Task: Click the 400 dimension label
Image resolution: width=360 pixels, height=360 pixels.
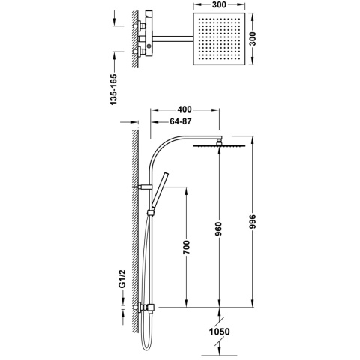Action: [x=184, y=109]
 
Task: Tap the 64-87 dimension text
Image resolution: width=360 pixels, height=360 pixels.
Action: [x=181, y=121]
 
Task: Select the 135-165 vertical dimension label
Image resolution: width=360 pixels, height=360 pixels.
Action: [x=113, y=89]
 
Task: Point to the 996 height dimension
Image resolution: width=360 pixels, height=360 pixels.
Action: [x=253, y=221]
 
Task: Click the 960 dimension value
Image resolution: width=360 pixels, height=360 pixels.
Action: [x=219, y=229]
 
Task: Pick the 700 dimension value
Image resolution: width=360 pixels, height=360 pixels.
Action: [x=187, y=247]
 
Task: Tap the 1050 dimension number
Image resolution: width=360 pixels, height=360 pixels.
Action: [x=219, y=331]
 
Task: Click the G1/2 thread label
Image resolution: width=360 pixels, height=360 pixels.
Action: [x=121, y=279]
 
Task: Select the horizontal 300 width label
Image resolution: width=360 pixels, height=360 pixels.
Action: [x=219, y=4]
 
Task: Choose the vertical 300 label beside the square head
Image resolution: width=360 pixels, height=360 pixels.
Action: [x=253, y=39]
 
